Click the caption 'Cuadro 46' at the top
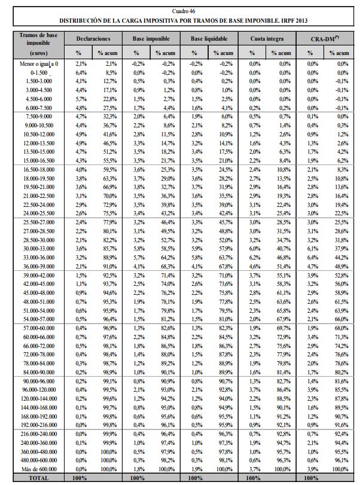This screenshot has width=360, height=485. (179, 11)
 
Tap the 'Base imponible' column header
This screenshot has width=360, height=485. (154, 38)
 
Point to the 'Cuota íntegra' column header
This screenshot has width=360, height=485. (267, 38)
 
